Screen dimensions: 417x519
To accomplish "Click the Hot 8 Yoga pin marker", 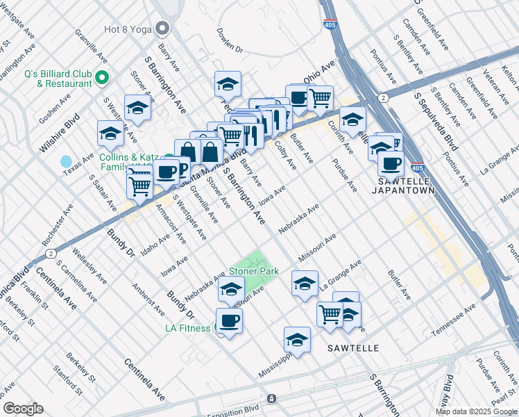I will point(163,28).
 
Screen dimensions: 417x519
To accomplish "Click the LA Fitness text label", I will point(187,327).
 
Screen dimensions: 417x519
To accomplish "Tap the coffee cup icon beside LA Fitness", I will point(229,320).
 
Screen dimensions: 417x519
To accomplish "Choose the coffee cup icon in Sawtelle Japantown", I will point(391,163).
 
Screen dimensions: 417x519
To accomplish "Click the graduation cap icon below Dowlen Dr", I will point(228,83).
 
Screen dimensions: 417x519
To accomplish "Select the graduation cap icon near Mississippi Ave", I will point(297,340).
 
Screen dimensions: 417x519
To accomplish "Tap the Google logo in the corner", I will point(23,408).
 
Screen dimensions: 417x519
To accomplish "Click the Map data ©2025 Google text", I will point(476,411).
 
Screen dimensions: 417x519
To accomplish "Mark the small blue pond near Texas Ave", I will point(66,162).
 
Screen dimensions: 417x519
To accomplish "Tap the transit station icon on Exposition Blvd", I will point(271,399).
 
